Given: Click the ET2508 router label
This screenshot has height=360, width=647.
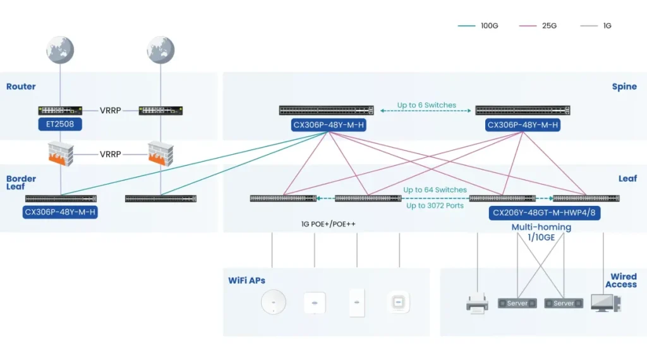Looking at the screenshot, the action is click(x=60, y=124).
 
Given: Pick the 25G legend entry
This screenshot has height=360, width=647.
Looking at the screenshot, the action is click(x=538, y=25).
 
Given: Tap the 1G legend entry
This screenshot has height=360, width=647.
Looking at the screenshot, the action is click(x=596, y=25).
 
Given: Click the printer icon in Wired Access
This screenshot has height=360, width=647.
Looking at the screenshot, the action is click(x=477, y=304).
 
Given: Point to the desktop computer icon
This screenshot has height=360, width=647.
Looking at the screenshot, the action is click(x=606, y=303).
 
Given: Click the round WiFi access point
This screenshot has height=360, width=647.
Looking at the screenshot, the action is click(x=273, y=302).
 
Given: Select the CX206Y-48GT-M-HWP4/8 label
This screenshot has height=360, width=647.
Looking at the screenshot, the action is click(x=544, y=213).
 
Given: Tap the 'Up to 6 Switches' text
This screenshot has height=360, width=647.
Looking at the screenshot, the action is click(x=426, y=105).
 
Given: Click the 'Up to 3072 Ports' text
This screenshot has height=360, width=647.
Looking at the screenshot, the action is click(x=435, y=205).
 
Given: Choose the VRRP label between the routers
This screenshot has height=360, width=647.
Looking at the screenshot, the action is click(x=110, y=111).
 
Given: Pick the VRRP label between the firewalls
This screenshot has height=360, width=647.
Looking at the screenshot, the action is click(x=110, y=154).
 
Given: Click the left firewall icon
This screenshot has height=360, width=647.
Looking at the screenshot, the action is click(x=61, y=153).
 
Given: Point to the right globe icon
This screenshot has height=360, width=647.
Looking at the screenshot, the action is click(x=160, y=50).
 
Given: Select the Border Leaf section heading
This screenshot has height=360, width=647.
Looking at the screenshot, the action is click(x=21, y=183).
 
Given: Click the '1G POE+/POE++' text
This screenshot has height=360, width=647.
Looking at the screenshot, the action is click(x=328, y=224).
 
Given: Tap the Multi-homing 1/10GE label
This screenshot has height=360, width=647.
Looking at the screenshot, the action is click(x=541, y=232).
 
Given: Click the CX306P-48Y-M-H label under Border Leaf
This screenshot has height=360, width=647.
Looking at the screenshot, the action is click(x=60, y=212).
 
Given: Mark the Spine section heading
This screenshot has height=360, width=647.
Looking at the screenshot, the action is click(x=624, y=87).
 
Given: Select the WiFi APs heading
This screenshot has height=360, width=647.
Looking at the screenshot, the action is click(x=247, y=280).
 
